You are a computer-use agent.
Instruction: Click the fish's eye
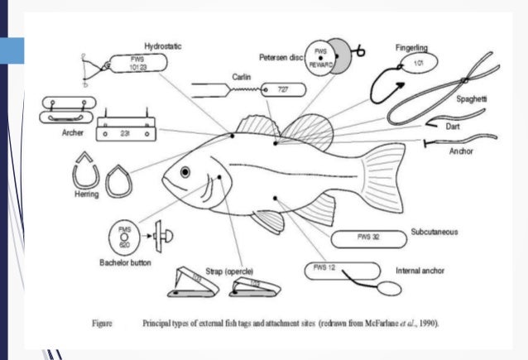click(x=185, y=171)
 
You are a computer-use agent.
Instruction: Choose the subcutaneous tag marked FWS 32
click(x=368, y=237)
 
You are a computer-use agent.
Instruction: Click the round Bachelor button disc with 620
click(x=125, y=238)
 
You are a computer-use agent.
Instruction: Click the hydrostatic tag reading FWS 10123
click(x=137, y=65)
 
